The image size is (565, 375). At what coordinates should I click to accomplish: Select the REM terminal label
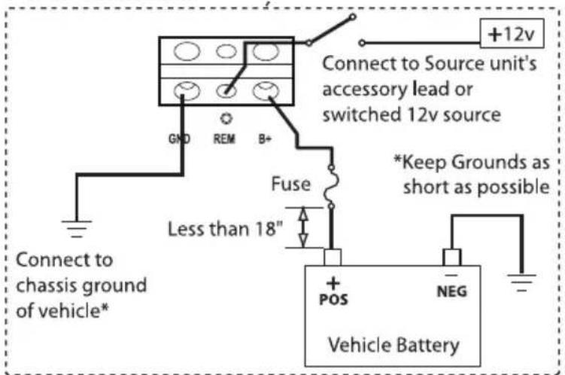(x=225, y=139)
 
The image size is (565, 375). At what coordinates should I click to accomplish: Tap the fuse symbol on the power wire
(x=332, y=187)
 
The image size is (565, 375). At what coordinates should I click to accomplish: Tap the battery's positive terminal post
(x=333, y=257)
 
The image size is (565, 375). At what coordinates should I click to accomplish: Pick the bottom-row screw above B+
(x=265, y=93)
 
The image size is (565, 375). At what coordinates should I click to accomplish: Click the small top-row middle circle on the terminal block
(x=225, y=52)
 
